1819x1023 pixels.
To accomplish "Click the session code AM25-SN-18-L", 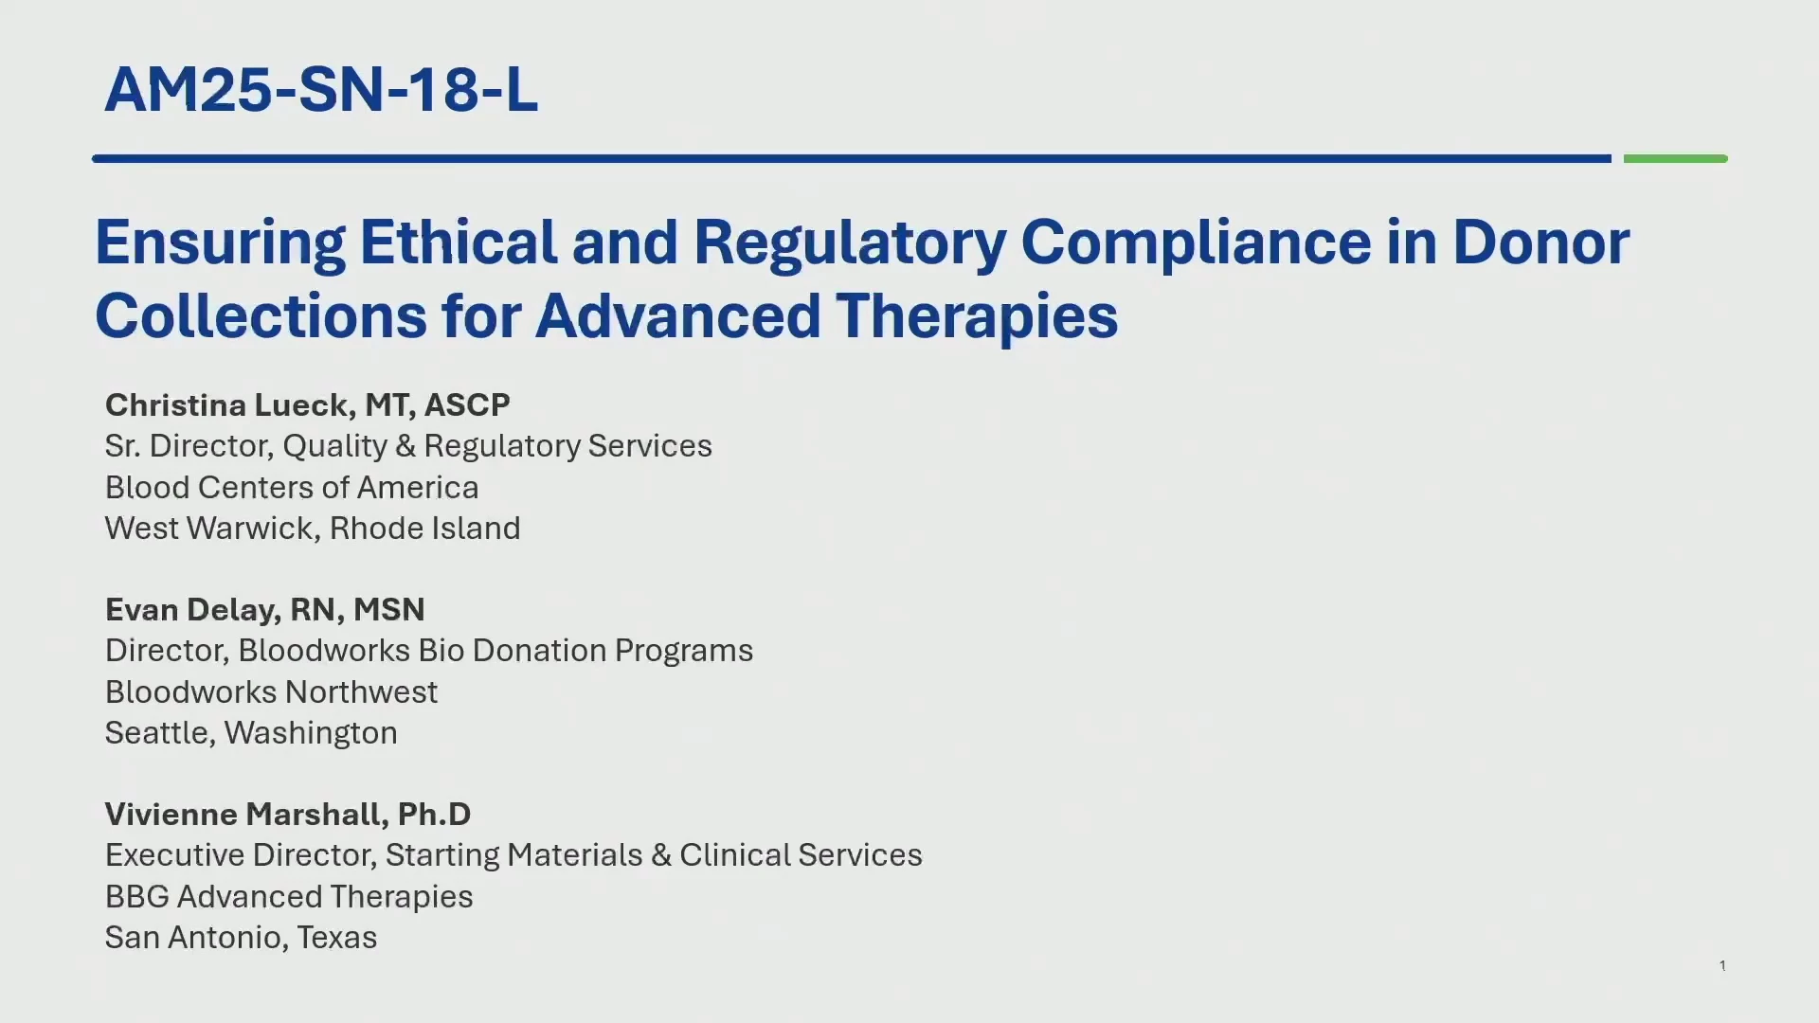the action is click(x=321, y=90).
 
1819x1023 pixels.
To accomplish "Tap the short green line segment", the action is click(x=1675, y=158).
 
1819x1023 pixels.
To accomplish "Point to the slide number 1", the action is click(x=1722, y=965).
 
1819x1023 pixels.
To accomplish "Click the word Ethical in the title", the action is click(x=459, y=242).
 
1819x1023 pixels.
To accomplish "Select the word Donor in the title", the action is click(x=1541, y=242).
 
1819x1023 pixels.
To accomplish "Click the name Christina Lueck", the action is click(x=227, y=404).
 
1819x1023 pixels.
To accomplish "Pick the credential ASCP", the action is click(x=467, y=404).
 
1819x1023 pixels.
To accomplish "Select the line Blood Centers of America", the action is click(x=292, y=487).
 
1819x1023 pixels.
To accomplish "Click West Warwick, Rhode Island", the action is click(x=313, y=529).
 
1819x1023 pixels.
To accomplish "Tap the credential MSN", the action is click(x=388, y=609).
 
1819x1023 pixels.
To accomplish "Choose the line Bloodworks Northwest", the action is click(x=271, y=691).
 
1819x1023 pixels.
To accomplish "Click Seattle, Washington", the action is click(x=251, y=733).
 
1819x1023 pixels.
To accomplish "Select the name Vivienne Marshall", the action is click(x=241, y=814).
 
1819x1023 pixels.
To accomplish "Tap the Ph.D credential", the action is click(x=434, y=814).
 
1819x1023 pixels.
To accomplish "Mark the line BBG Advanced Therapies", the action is click(x=289, y=897).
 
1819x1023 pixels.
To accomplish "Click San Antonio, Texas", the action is click(x=241, y=938).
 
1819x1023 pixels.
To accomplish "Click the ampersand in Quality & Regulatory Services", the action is click(x=405, y=446).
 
